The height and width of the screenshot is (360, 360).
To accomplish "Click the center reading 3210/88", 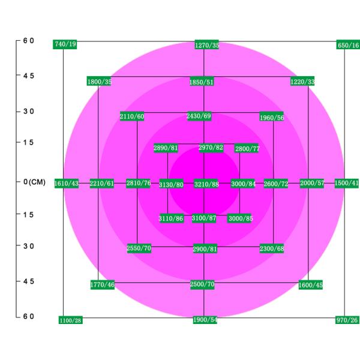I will (206, 184).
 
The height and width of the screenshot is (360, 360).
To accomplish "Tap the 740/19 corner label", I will (65, 44).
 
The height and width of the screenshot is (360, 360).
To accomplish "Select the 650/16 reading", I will (348, 45).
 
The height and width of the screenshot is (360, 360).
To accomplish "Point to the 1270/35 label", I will (207, 45).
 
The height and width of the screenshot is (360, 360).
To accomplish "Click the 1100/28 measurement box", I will (70, 320).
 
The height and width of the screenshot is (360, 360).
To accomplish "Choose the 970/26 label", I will (348, 320).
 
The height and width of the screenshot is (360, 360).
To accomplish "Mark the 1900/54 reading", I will (205, 320).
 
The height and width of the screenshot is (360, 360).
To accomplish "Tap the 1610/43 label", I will (67, 183).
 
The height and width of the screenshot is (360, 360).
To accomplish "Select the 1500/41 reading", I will (347, 183).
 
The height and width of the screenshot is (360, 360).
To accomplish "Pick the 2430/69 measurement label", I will (199, 116).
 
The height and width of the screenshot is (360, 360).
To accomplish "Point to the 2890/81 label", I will (166, 148).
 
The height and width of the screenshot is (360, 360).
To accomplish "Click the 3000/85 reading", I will (240, 218).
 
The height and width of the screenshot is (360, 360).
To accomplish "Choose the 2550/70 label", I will (139, 248).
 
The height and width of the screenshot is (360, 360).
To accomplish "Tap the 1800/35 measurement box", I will (99, 81).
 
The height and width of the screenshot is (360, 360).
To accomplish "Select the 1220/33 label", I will (302, 81).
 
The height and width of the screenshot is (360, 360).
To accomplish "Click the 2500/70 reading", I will (202, 284).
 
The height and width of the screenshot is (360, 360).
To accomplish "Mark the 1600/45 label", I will (310, 285).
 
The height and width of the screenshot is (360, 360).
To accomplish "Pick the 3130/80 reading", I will (171, 184).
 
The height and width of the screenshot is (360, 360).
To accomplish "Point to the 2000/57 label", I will (312, 183).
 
